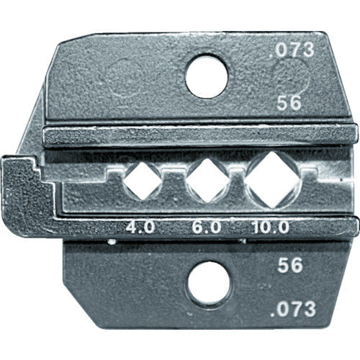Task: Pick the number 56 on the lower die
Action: coord(288,265)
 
